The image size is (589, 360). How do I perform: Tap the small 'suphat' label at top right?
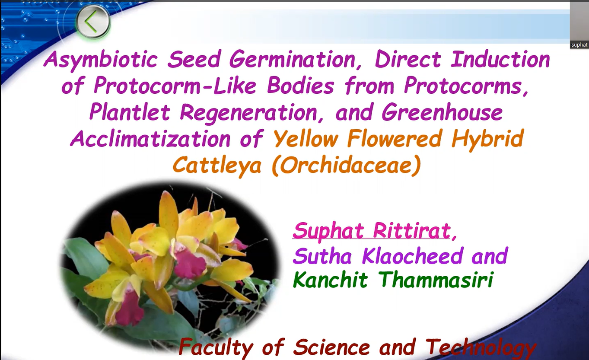coord(579,45)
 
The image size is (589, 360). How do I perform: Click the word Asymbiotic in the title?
coord(101,60)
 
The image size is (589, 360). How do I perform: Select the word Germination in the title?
coord(295,60)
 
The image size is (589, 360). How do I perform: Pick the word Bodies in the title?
coord(300,85)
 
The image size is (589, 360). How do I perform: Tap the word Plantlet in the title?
coord(130,112)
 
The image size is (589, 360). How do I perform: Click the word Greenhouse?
coord(442,112)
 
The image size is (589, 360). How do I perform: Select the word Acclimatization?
coord(150,139)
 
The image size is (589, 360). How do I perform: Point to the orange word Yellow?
coord(306,138)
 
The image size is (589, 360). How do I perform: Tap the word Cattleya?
coord(217,166)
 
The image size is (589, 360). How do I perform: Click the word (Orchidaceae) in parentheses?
coord(346,166)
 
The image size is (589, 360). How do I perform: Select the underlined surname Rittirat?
coord(412,230)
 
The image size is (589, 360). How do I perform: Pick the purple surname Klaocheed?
coord(412,255)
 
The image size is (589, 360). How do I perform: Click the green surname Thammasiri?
coord(436,279)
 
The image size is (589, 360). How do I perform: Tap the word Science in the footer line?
coord(331,347)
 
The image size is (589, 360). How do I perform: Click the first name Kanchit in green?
coord(331,279)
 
